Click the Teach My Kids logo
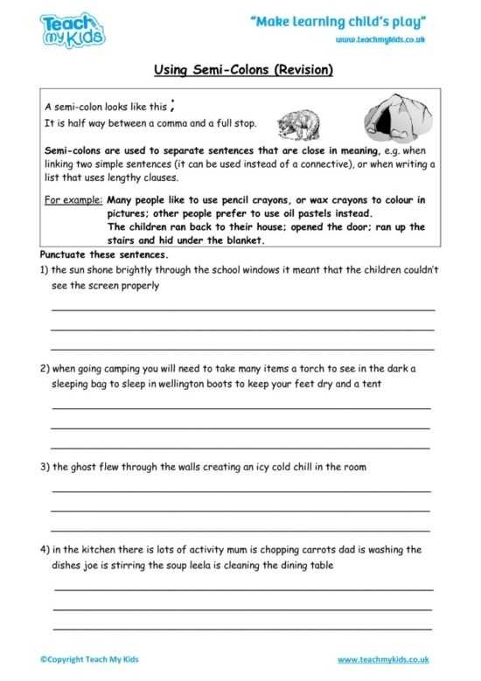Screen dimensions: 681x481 coord(73,30)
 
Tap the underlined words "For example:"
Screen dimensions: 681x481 coord(73,200)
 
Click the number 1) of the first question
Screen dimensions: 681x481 coord(45,270)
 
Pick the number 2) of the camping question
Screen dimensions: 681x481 coord(45,368)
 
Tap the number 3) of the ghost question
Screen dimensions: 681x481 coord(45,467)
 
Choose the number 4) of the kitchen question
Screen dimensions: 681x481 coord(45,550)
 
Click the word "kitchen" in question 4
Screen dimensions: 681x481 coord(98,550)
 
